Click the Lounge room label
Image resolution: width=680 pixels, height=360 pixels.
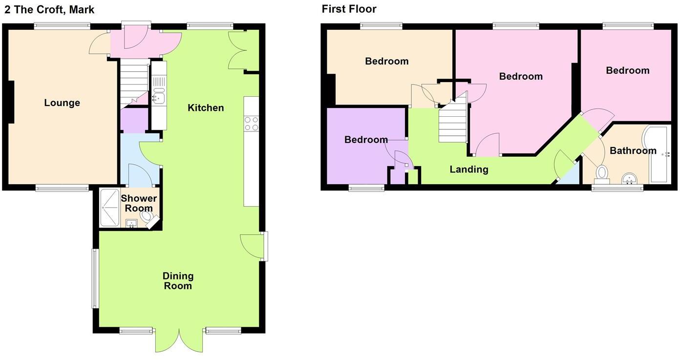tap(62, 103)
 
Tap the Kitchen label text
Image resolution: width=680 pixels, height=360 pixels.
tap(206, 107)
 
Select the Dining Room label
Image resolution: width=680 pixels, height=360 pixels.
tap(178, 281)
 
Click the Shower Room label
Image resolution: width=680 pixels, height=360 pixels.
tap(139, 203)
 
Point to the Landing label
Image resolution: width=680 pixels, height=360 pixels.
tap(468, 169)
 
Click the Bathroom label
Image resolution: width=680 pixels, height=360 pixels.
tap(633, 150)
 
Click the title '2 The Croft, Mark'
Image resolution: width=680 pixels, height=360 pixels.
tap(49, 9)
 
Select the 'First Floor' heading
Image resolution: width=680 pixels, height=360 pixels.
tap(349, 9)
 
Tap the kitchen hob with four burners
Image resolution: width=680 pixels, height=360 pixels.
tap(251, 124)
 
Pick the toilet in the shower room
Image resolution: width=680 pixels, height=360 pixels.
tap(146, 215)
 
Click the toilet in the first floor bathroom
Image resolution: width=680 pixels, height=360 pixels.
tap(602, 173)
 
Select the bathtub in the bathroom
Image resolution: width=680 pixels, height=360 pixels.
tap(658, 154)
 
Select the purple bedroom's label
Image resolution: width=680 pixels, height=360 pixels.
tap(366, 140)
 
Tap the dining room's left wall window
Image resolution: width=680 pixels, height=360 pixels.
tap(96, 278)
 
